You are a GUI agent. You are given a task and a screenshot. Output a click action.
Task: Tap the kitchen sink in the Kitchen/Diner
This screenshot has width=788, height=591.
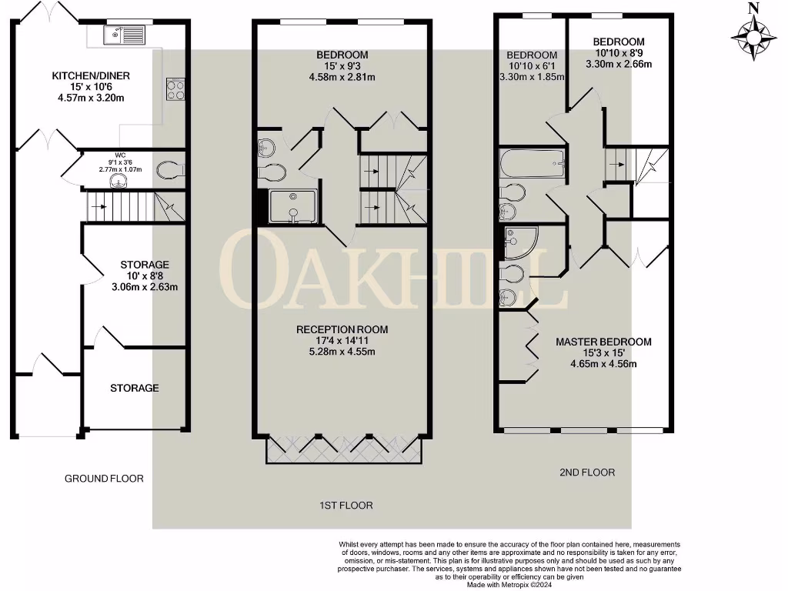(124, 35)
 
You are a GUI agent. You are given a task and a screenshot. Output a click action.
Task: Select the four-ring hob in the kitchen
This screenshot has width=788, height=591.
(175, 89)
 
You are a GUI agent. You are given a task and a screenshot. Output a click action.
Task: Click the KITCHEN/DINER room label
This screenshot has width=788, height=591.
(91, 75)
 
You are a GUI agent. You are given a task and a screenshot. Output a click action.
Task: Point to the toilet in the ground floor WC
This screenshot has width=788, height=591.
(168, 169)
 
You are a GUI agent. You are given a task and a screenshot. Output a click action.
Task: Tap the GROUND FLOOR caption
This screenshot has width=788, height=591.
(104, 479)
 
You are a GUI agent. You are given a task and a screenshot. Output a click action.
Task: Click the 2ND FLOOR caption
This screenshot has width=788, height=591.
(587, 472)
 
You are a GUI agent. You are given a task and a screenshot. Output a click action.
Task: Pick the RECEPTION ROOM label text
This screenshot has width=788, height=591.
(342, 329)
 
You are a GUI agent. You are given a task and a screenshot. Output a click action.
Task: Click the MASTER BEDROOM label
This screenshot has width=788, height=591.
(604, 342)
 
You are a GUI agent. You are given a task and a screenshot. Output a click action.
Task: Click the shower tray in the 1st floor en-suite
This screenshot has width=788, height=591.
(293, 206)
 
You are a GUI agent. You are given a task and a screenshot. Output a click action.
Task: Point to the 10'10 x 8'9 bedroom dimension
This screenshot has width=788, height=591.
(619, 53)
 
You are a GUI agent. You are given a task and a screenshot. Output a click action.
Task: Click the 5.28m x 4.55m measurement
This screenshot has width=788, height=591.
(342, 352)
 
